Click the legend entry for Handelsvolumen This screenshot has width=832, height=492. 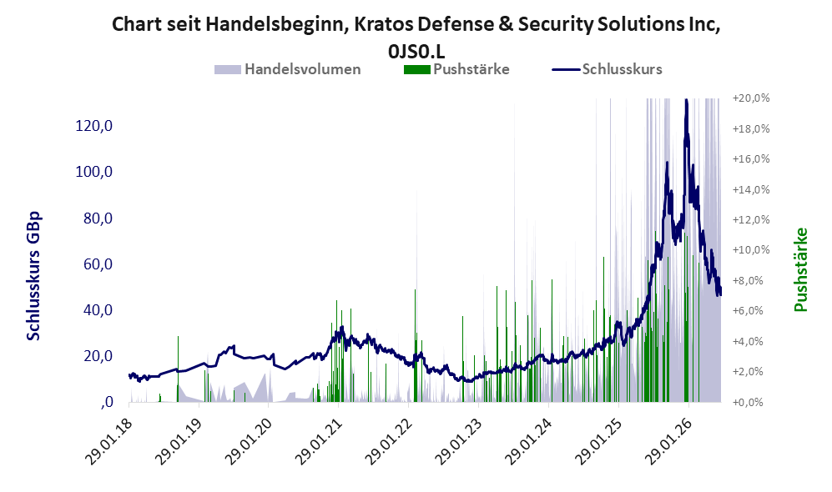(288, 69)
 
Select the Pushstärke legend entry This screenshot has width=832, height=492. (456, 69)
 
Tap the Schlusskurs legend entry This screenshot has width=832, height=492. (607, 69)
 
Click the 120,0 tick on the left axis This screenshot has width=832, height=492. (94, 126)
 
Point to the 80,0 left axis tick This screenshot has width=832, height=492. (98, 218)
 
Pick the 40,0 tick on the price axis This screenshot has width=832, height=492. (98, 309)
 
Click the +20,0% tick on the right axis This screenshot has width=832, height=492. (751, 98)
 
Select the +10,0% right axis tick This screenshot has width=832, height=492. (751, 249)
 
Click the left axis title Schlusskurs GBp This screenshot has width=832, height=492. (33, 276)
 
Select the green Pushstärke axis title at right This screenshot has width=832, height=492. (800, 270)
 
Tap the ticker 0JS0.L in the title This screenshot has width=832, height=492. (416, 52)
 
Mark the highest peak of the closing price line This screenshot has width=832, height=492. (686, 100)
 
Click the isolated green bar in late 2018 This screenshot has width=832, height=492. (178, 369)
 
